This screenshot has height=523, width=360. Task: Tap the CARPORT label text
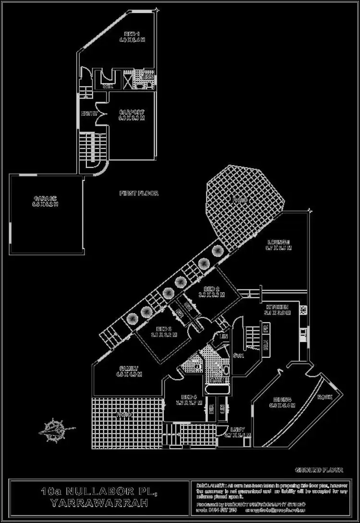click(131, 112)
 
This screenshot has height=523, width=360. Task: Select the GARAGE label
click(45, 198)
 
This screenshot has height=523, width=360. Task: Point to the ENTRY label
click(89, 114)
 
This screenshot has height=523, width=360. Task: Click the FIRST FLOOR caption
click(139, 194)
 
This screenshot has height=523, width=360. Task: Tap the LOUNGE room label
click(278, 242)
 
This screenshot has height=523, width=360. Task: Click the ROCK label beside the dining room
click(324, 397)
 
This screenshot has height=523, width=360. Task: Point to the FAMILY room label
click(129, 368)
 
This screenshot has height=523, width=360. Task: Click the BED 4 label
click(189, 397)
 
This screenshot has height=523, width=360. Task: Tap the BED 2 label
click(211, 289)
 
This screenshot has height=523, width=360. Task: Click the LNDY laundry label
click(237, 429)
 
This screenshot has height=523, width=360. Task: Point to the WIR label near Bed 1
click(108, 87)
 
